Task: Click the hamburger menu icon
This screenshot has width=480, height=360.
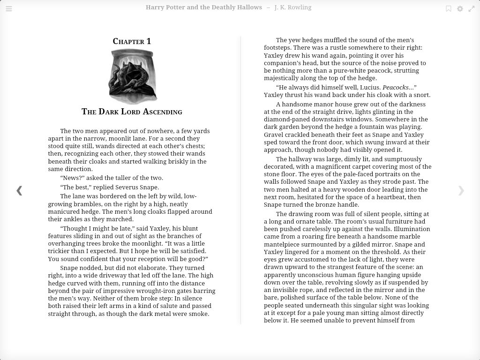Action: pos(9,8)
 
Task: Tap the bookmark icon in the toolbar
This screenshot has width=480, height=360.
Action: pos(449,8)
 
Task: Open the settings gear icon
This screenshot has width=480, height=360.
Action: pos(460,8)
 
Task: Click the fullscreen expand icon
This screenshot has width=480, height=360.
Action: pos(472,8)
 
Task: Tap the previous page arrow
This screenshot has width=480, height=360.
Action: pos(19,190)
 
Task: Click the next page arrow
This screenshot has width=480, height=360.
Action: pos(461,190)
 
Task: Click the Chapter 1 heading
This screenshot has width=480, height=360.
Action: pos(132,41)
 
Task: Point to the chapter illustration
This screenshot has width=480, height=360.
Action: pos(133,76)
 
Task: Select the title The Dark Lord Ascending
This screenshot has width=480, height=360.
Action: pos(132,112)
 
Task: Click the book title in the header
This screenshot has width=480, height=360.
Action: pos(204,7)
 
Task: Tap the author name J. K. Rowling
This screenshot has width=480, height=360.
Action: pos(293,7)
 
